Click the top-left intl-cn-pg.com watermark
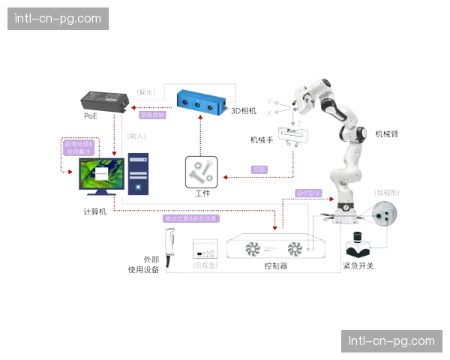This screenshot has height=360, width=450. tap(60, 19)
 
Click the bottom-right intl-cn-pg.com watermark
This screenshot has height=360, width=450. tap(390, 341)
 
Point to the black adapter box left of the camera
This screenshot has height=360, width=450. tap(103, 102)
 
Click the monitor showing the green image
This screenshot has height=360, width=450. tap(101, 175)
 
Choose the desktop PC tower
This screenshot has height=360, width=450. tap(137, 174)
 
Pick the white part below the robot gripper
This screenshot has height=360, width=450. tap(293, 134)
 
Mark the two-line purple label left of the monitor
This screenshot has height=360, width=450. tap(78, 147)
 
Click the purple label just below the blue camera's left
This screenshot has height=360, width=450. tap(153, 115)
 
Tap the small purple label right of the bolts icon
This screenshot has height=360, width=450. tap(259, 169)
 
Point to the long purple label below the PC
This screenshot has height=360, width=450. tap(191, 219)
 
